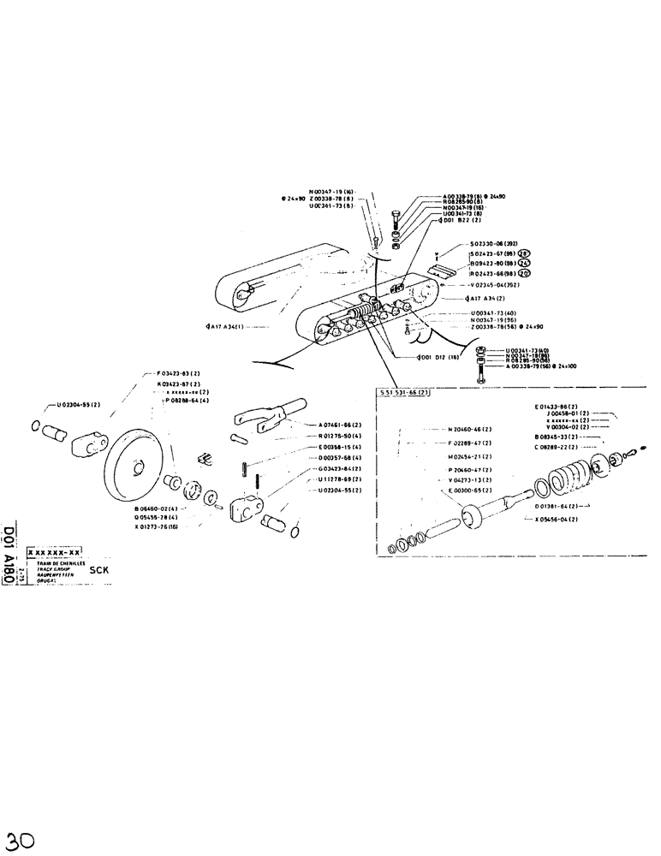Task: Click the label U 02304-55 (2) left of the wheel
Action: (79, 404)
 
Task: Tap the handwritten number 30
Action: (21, 837)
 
